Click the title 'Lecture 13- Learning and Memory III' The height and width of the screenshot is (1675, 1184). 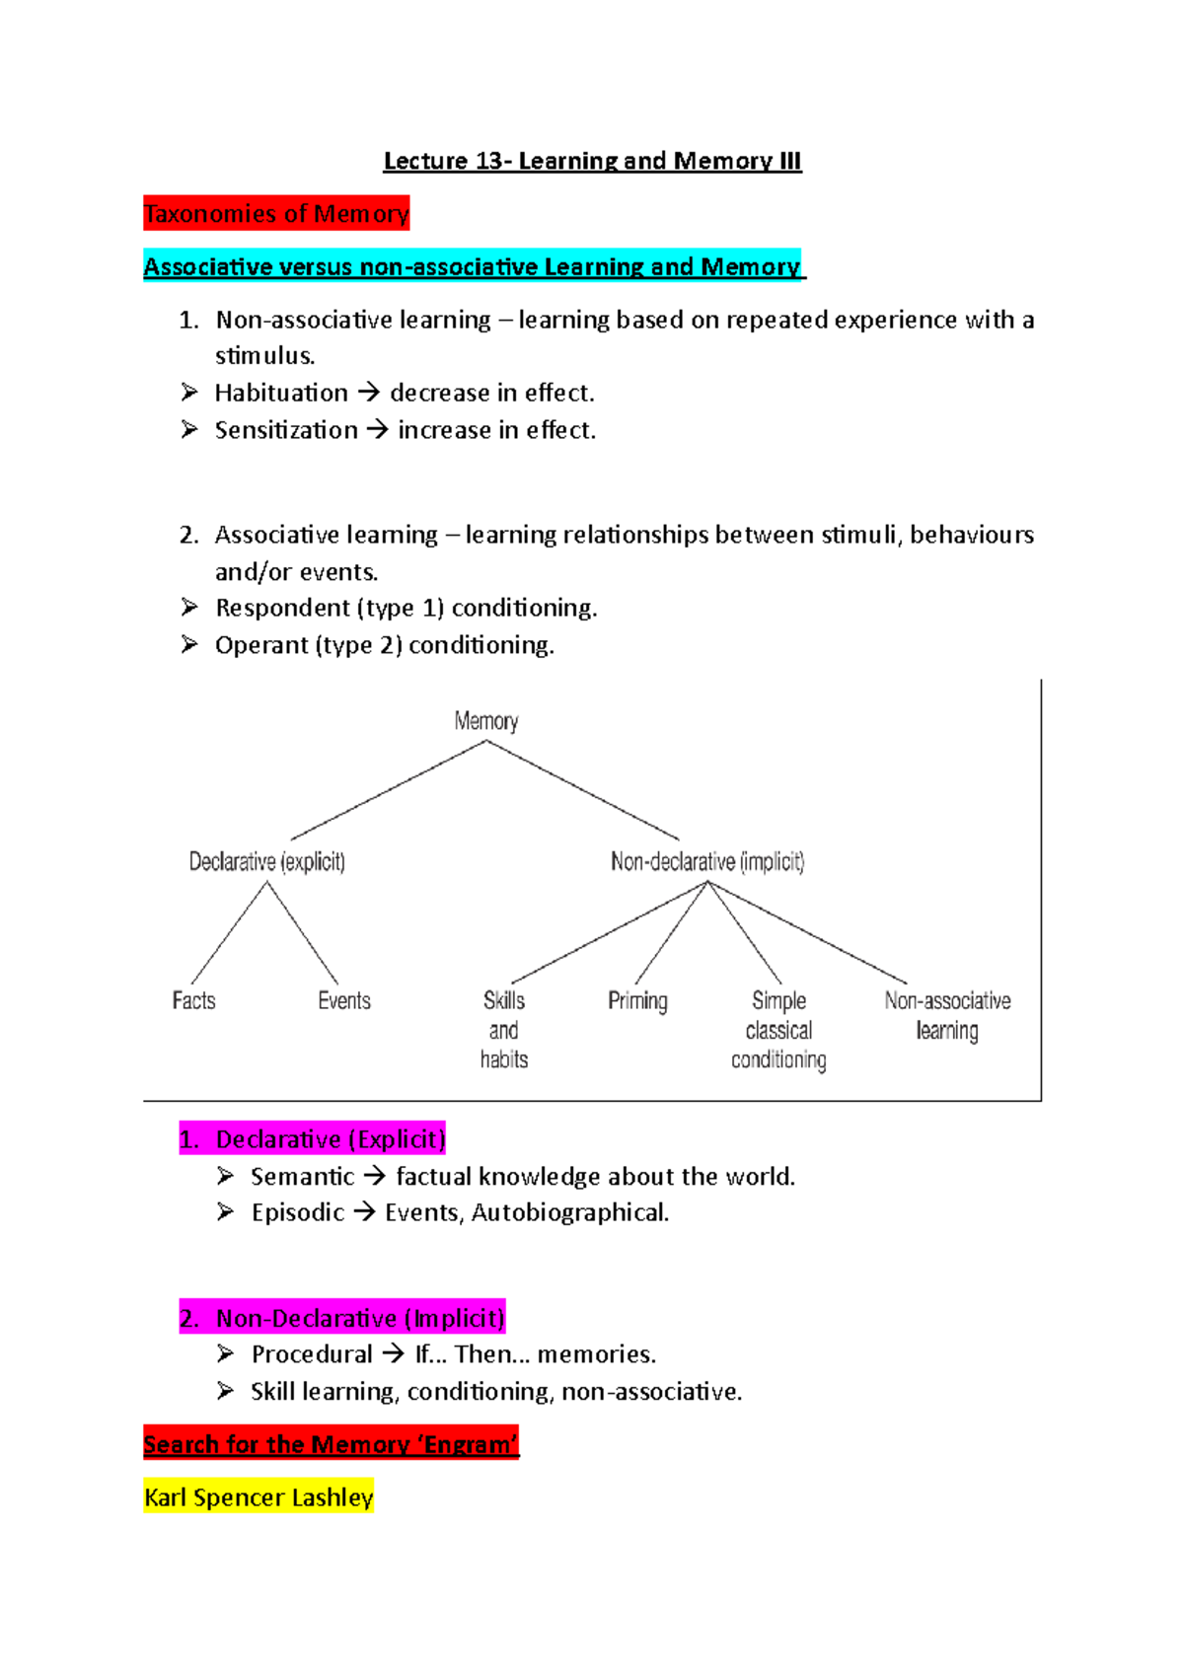592,161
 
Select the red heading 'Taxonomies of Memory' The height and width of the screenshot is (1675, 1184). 276,214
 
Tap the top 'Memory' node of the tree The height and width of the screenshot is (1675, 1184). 486,721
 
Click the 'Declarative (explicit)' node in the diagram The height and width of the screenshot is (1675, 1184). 266,862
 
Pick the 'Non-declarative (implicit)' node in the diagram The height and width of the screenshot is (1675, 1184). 707,862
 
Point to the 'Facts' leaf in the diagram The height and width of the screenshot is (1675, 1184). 193,1000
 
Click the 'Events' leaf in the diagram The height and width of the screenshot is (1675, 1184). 344,1000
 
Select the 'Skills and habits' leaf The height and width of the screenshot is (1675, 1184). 504,1030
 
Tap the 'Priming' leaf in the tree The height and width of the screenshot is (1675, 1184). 637,1001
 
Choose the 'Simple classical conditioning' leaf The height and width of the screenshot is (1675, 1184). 778,1030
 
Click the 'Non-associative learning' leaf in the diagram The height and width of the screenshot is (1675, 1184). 947,1015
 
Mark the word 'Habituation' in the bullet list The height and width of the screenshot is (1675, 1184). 281,394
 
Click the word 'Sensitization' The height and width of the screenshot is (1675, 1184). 286,430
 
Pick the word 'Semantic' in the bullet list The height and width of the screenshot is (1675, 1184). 302,1177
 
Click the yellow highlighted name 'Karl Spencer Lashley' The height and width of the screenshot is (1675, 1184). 259,1497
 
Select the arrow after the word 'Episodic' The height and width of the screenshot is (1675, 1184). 365,1212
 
